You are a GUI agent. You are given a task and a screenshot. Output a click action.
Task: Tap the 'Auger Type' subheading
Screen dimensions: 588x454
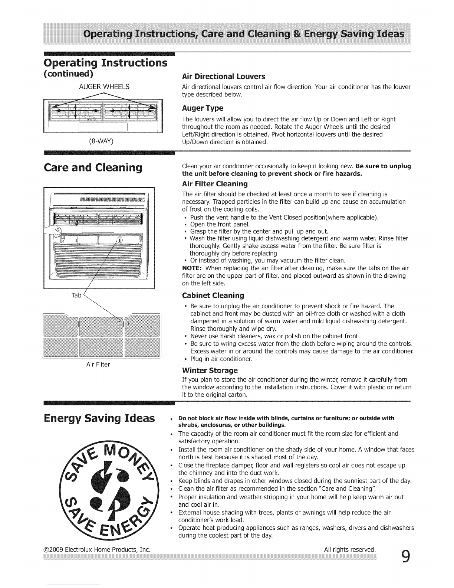click(x=203, y=108)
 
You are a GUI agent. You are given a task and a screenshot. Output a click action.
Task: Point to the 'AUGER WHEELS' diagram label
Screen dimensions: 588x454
click(x=104, y=87)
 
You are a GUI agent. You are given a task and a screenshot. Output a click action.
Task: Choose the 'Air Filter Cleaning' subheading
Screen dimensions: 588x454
click(x=215, y=184)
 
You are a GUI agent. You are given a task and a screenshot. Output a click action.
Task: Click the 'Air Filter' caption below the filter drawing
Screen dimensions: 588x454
click(x=98, y=365)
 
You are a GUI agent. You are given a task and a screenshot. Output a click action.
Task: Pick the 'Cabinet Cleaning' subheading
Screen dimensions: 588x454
click(x=213, y=295)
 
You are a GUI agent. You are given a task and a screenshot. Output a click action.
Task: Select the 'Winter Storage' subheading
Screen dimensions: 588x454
click(x=210, y=370)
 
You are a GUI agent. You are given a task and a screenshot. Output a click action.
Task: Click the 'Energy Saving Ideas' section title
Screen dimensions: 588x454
click(x=99, y=418)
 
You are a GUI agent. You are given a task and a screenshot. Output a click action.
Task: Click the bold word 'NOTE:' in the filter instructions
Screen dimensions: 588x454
click(x=192, y=268)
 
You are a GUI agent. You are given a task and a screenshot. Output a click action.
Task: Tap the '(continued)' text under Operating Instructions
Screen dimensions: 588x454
click(x=68, y=73)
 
